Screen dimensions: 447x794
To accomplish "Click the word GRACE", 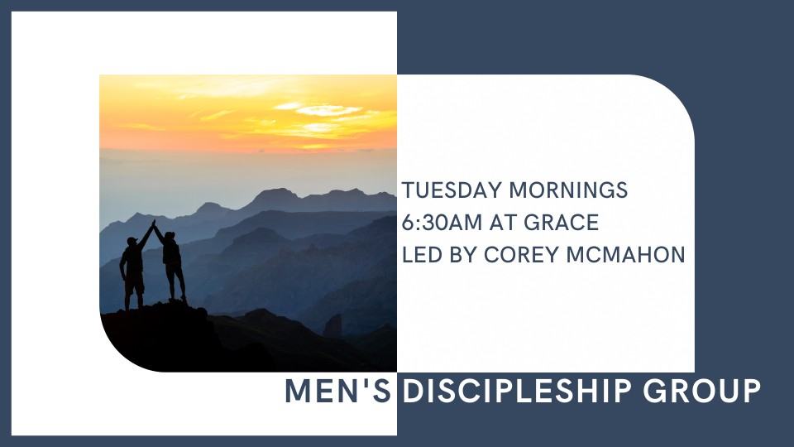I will point(568,223).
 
